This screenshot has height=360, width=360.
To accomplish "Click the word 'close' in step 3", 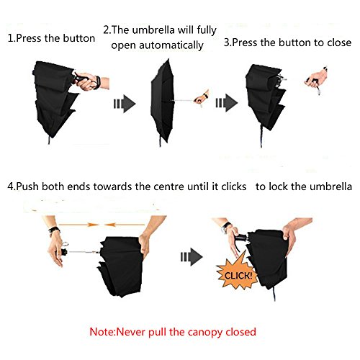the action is tap(339, 42).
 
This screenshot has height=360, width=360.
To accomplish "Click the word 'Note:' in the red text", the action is tap(103, 332).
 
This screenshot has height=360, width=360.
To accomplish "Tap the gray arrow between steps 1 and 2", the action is tap(125, 104).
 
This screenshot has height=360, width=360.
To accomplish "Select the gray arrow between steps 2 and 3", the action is tap(227, 103).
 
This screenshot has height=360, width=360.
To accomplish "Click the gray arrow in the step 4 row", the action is tap(192, 257).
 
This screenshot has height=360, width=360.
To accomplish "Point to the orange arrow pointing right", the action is tap(78, 225).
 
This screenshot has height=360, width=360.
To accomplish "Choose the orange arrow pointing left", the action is tap(125, 225).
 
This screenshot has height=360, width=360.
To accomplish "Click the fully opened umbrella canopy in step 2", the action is tap(162, 101).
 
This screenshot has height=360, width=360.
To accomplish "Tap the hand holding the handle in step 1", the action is tap(87, 82).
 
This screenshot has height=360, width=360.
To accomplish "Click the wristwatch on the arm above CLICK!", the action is tap(225, 227).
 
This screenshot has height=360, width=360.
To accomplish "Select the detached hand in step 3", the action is tap(316, 78).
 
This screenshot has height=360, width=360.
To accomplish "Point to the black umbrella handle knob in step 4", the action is tap(64, 252).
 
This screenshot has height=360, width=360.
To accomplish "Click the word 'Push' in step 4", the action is tap(27, 186).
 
